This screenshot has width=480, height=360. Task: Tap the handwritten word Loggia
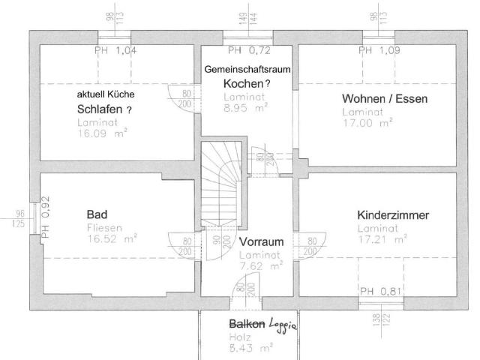tap(284, 325)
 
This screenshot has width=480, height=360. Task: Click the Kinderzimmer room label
tap(393, 216)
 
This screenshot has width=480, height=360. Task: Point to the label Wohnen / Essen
tap(376, 99)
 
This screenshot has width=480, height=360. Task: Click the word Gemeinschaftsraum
tap(247, 69)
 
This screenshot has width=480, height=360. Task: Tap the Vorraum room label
tap(261, 242)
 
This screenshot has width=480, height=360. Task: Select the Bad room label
tap(97, 215)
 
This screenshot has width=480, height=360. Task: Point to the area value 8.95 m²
tap(244, 108)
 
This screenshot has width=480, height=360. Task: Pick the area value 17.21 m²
tap(382, 240)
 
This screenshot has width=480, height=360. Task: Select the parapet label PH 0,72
tap(249, 51)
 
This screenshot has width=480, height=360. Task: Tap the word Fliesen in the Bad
tap(101, 227)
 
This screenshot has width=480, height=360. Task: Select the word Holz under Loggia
tap(237, 337)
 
